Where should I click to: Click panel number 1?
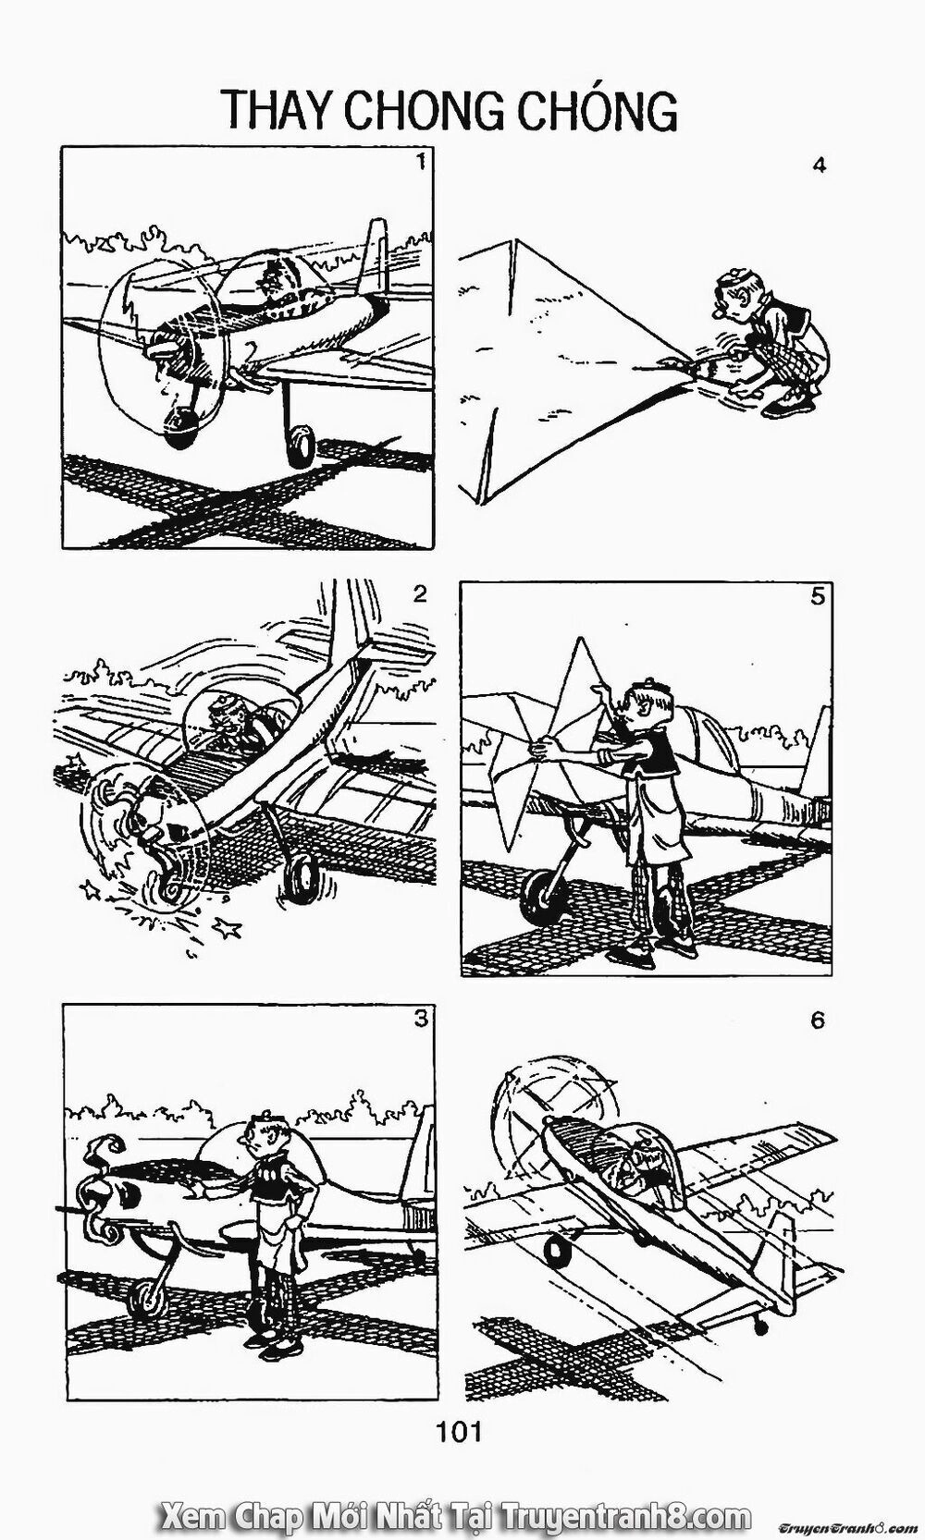tap(421, 163)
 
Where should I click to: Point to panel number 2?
tap(421, 594)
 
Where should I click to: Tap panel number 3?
tap(421, 1019)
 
